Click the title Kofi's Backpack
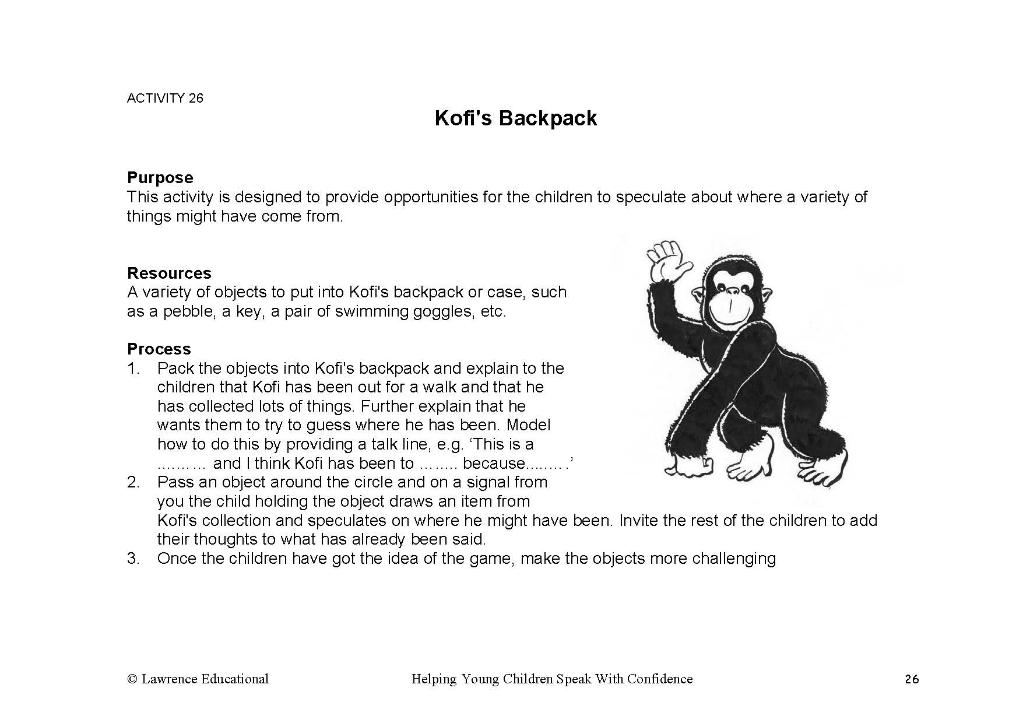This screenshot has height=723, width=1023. [516, 118]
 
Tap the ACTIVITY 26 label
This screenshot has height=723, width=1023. [165, 98]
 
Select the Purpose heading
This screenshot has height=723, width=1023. [160, 177]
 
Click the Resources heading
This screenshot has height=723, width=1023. [169, 273]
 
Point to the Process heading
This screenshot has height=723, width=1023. [159, 349]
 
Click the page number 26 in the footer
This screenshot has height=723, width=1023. [912, 679]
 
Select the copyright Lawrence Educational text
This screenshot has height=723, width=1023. [198, 679]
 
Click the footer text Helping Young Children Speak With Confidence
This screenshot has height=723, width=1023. [552, 679]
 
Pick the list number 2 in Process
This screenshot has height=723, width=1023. [133, 482]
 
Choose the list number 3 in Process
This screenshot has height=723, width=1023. [133, 559]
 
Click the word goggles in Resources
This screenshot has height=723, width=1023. [444, 311]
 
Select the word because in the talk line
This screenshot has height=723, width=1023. [494, 464]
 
